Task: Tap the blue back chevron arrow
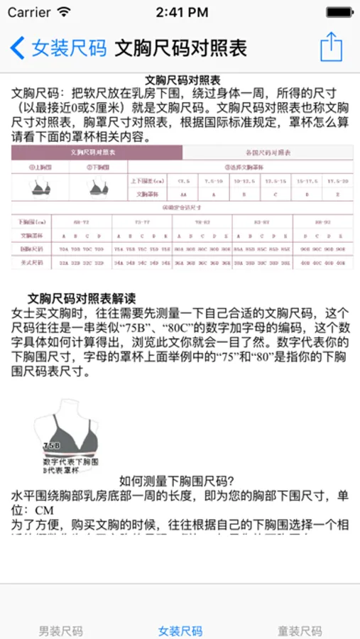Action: [x=17, y=48]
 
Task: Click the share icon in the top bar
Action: [x=331, y=47]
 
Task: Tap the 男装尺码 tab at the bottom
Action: [x=60, y=630]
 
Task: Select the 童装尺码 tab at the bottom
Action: [x=300, y=630]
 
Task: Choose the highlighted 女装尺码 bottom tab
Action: [x=180, y=630]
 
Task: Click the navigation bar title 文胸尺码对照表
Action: [x=180, y=48]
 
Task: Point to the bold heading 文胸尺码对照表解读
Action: [x=81, y=298]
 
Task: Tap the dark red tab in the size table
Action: [x=97, y=153]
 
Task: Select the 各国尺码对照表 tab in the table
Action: [x=268, y=153]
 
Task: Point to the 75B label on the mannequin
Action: [x=51, y=445]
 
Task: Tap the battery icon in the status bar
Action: [x=339, y=12]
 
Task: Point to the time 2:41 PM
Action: [x=181, y=12]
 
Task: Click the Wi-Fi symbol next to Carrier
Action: [x=65, y=12]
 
